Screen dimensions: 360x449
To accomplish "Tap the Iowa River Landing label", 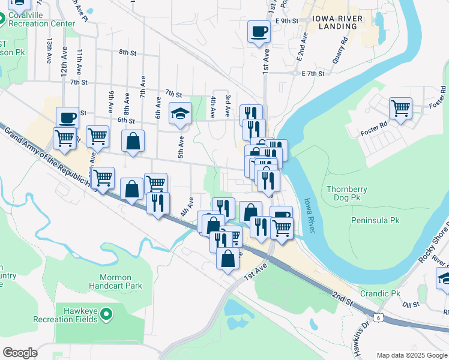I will [337, 23].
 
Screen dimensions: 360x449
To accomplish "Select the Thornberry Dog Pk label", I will [347, 193].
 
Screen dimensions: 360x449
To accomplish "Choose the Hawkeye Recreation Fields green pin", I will [106, 313].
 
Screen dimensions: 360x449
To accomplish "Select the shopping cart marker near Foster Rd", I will [400, 109].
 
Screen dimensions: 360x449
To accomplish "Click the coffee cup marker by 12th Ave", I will [67, 117].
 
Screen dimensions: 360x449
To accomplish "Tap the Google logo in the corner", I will [20, 353].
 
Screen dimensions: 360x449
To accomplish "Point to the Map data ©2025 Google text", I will [412, 355].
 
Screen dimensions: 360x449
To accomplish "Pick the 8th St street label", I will [127, 53].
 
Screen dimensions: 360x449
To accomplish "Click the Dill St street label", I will [411, 305].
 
